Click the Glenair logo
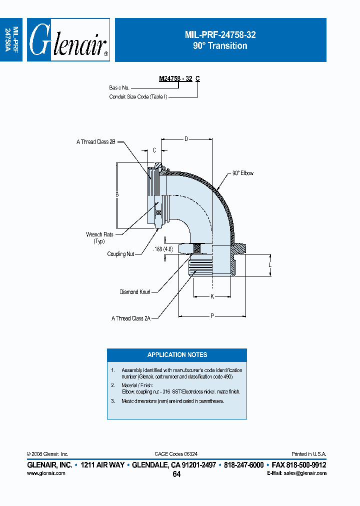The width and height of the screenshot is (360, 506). pos(68,40)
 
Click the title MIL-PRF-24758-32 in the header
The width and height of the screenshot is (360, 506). pos(220,35)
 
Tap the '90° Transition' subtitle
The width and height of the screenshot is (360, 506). pos(220,46)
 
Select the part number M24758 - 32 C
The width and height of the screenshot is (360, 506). pos(179,78)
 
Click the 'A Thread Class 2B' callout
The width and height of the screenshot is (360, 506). pos(96,142)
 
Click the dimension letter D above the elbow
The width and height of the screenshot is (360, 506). pos(186,138)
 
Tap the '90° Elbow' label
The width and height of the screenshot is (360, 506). pos(242,173)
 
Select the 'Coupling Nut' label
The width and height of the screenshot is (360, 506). pos(120,254)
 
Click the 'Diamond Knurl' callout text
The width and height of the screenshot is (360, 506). pos(135,291)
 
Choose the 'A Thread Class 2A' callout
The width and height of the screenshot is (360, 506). pos(131,318)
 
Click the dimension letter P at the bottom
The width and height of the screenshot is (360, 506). pos(212,315)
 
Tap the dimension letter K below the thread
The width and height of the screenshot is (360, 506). pos(212,296)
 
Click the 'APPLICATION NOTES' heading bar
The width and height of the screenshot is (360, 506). pos(177,355)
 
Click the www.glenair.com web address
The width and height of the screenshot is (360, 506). pos(46,473)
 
